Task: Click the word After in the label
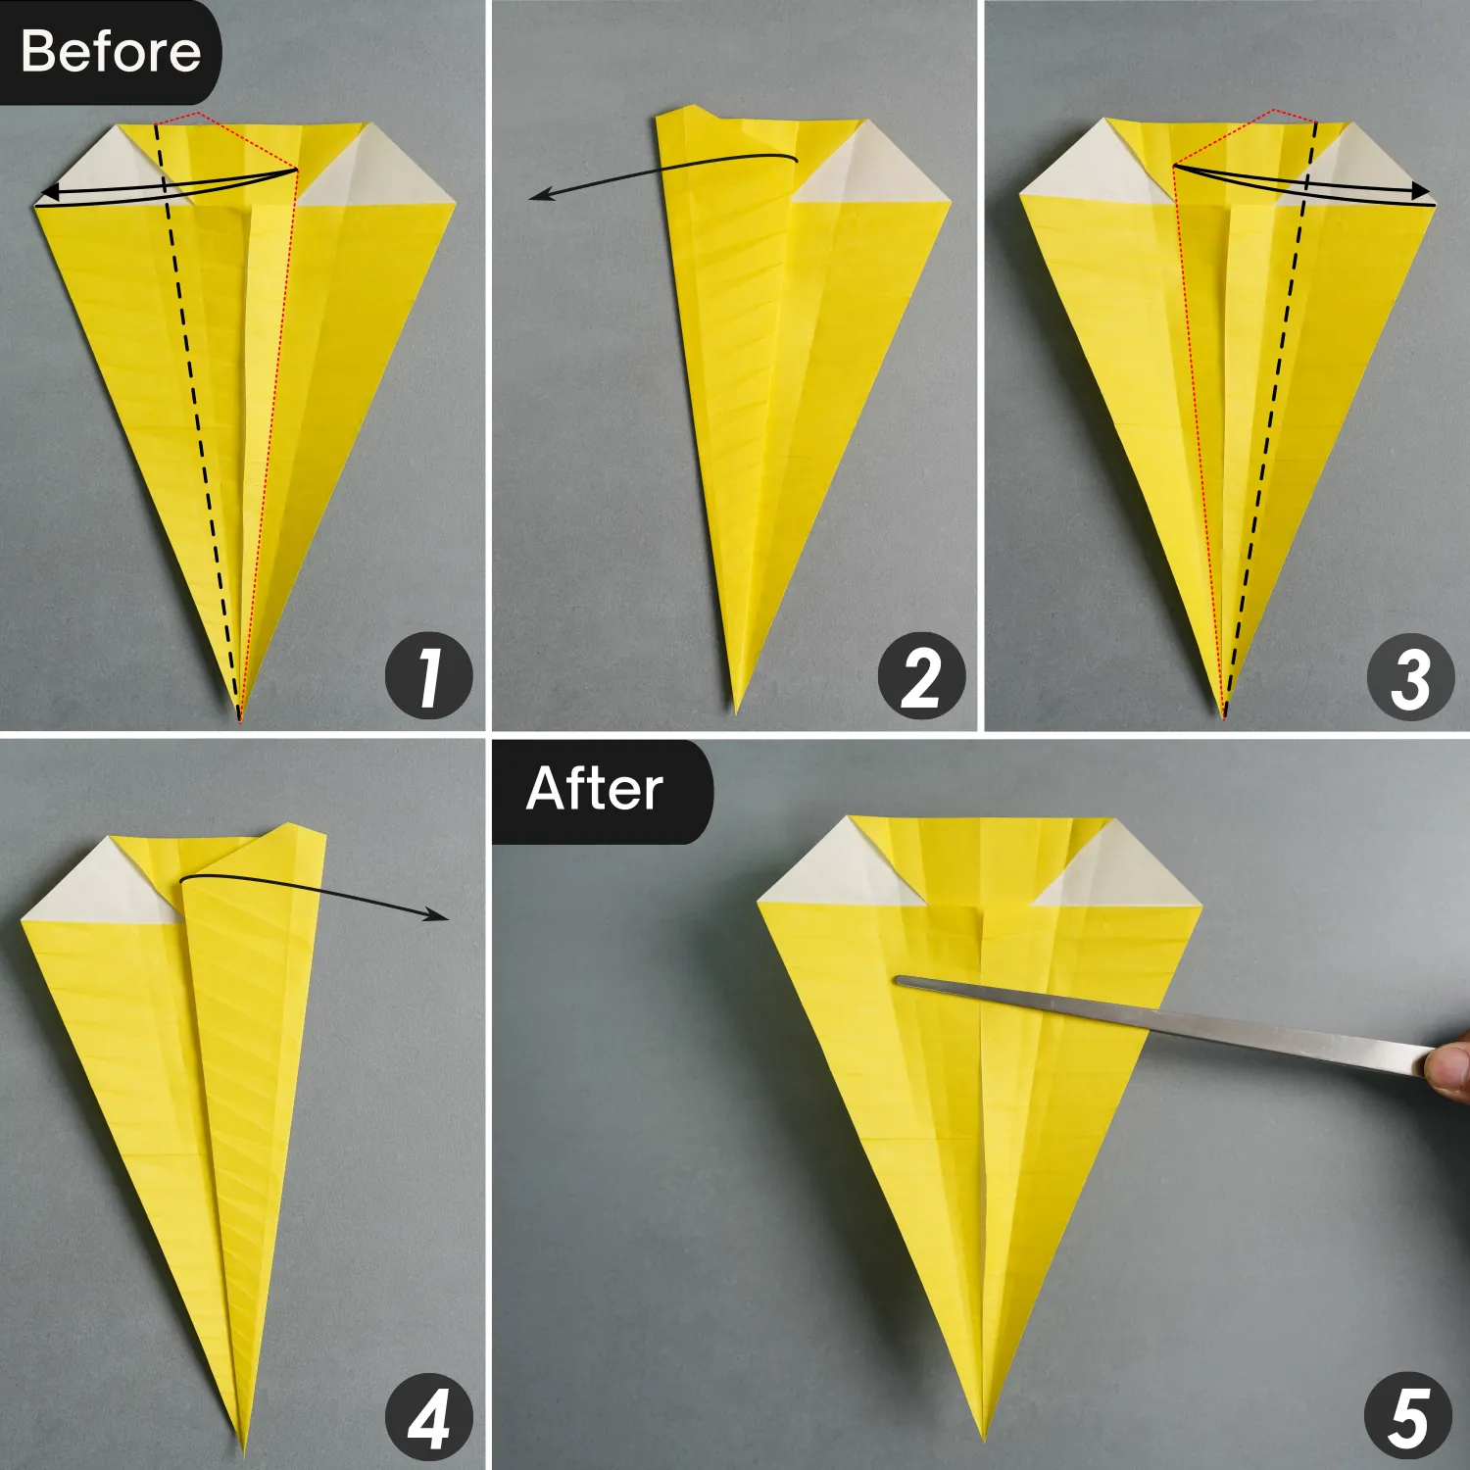pos(595,789)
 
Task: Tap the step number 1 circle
pos(428,676)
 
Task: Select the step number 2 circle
pos(920,676)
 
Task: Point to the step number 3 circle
pos(1410,676)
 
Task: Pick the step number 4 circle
pos(428,1417)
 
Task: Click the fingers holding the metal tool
pos(1448,1073)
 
